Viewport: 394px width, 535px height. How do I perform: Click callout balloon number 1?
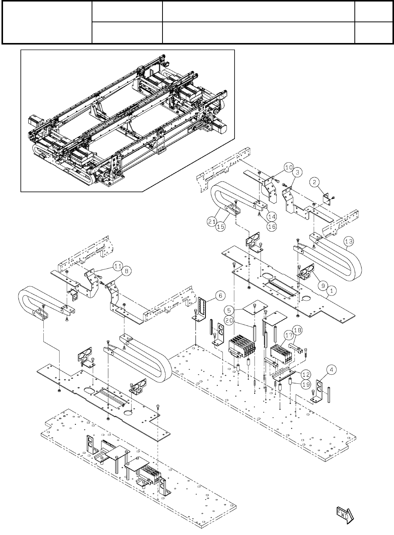click(332, 291)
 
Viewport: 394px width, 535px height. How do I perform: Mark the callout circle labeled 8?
click(127, 271)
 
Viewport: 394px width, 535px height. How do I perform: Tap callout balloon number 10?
click(288, 167)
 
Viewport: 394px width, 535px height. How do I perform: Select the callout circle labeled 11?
click(118, 266)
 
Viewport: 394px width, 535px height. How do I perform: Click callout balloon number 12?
click(305, 374)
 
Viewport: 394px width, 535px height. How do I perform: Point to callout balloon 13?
click(348, 241)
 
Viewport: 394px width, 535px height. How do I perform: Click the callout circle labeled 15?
click(221, 226)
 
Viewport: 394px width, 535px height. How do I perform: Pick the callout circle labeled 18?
click(298, 330)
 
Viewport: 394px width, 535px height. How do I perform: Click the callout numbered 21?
click(212, 222)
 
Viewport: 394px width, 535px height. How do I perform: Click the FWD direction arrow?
click(344, 513)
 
